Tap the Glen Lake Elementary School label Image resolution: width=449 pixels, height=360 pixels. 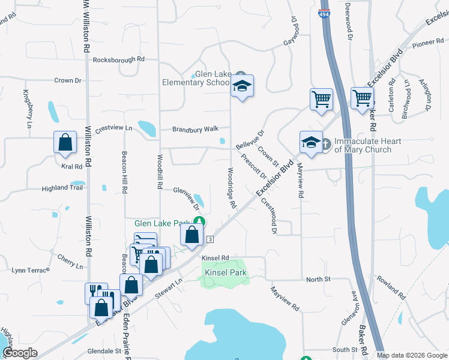point(197,78)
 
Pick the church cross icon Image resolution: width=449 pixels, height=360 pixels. point(325,144)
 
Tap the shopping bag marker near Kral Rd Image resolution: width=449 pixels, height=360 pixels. point(65,143)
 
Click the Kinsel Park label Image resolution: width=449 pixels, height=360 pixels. point(226,272)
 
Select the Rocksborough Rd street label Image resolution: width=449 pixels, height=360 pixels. point(119,59)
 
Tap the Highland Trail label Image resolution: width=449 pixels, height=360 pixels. point(62,188)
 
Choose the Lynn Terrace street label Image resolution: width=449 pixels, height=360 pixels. point(31,270)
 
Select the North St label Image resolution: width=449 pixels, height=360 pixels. point(318,280)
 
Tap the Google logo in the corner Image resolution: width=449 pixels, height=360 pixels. point(20,353)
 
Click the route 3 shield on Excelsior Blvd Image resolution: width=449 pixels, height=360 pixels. point(210,239)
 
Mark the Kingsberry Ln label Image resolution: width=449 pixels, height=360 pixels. point(26,109)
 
